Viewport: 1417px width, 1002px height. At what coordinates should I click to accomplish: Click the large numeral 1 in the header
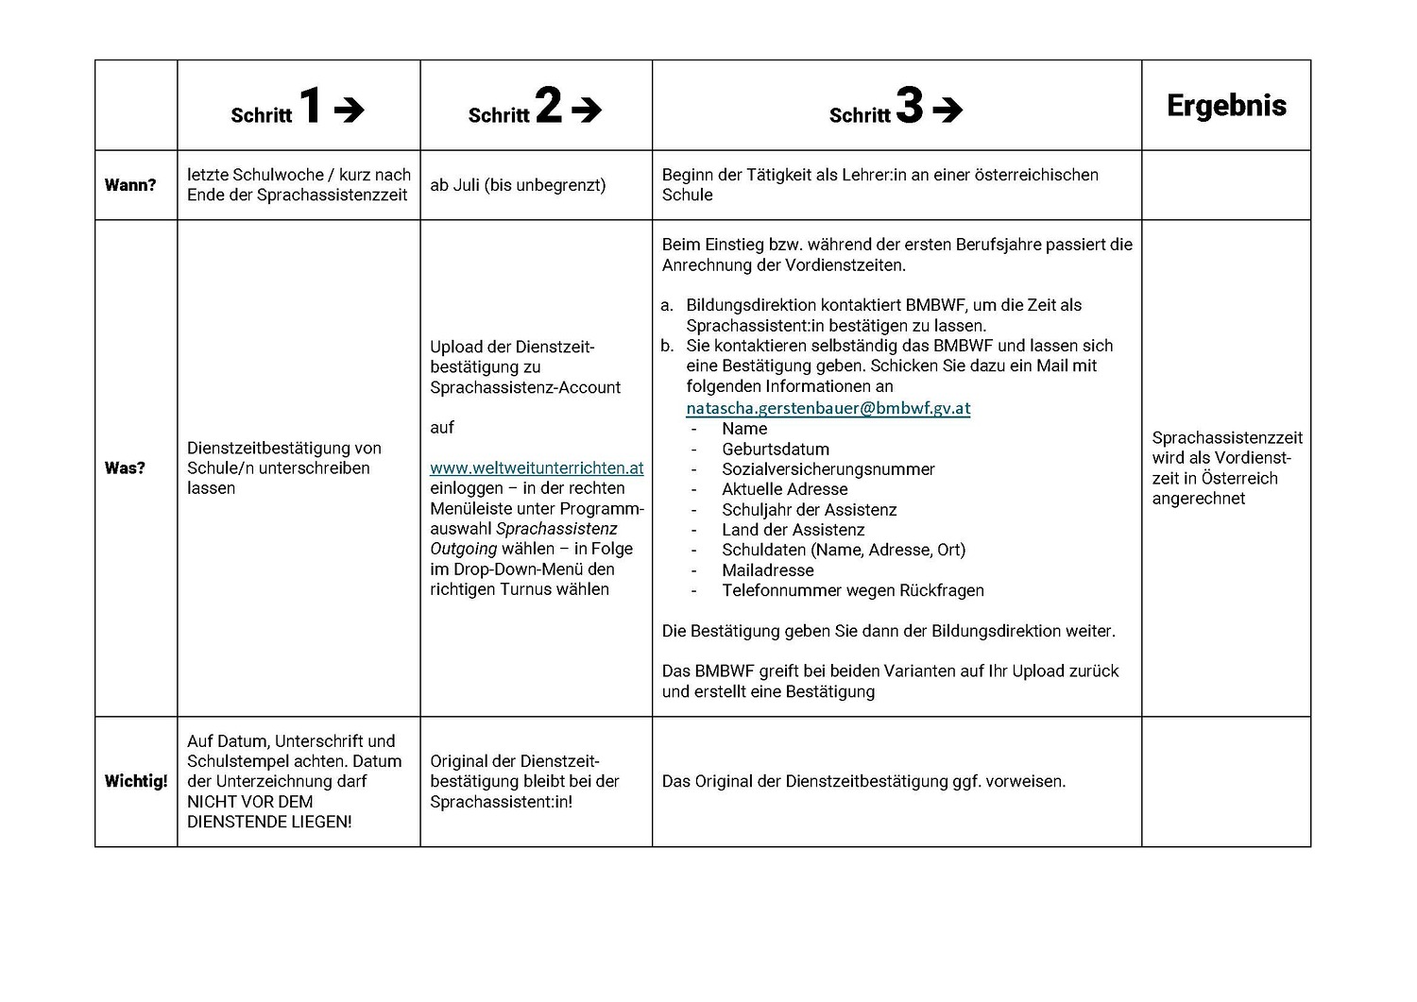coord(310,105)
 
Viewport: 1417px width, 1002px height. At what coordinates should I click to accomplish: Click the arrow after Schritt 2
coord(587,110)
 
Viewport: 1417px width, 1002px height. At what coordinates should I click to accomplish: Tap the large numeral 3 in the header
coord(909,105)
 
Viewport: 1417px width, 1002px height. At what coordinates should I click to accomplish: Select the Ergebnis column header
coord(1226,105)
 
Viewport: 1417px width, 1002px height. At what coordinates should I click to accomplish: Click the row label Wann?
coord(130,185)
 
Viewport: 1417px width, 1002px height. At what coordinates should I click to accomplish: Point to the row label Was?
coord(125,468)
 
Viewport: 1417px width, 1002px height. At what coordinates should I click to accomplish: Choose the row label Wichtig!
coord(136,782)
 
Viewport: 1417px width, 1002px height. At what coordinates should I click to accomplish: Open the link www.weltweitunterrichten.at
coord(537,468)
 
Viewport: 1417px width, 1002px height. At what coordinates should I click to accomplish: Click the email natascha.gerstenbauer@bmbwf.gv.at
coord(828,408)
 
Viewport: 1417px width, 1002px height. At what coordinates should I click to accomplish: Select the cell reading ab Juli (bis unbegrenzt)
coord(518,185)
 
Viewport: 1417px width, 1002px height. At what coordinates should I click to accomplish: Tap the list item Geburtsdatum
coord(776,450)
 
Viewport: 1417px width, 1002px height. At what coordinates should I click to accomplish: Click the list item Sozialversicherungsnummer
coord(828,469)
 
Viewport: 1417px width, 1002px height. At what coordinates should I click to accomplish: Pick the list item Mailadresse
coord(767,570)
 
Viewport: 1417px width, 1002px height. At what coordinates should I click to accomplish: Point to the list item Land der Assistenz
coord(793,530)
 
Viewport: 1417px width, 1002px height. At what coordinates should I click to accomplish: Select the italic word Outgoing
coord(463,549)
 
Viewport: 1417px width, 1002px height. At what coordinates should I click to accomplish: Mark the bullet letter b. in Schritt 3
coord(667,346)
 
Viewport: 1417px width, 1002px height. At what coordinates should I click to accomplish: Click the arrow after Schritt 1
coord(349,110)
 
